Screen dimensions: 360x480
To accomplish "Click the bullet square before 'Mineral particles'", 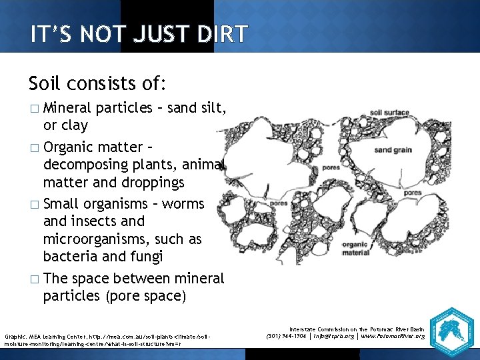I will click(x=35, y=109).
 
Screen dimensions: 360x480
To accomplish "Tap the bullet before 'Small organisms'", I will click(x=35, y=204).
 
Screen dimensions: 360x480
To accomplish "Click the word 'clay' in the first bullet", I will click(x=75, y=125).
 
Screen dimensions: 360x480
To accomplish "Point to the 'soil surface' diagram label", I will click(x=389, y=113).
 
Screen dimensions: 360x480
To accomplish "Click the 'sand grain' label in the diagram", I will click(x=392, y=150).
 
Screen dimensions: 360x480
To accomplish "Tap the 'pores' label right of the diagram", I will click(x=413, y=193).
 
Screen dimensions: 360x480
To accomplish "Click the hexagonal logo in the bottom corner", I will click(x=451, y=330).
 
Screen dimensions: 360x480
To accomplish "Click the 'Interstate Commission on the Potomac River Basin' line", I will click(x=357, y=329).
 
